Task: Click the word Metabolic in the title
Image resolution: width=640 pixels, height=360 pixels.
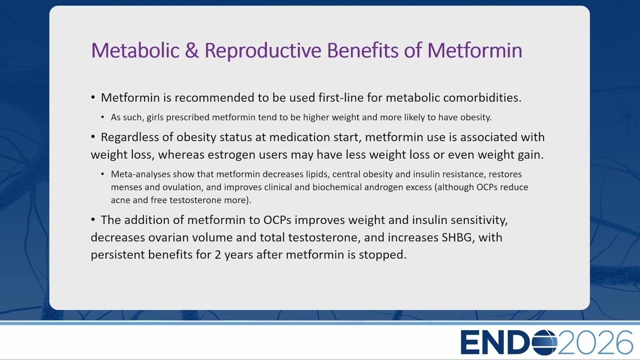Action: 135,50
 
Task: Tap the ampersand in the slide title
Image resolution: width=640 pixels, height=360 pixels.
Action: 191,50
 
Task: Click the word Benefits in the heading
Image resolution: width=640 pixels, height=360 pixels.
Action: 362,50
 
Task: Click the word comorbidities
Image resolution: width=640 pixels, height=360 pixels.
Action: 482,97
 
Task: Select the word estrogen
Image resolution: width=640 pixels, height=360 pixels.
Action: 231,155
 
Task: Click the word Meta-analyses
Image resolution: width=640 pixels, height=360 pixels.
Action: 140,174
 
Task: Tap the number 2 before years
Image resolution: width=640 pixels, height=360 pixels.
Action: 218,255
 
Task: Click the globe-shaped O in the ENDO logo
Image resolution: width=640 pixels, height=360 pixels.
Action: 544,342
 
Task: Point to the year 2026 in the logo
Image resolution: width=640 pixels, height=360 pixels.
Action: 595,342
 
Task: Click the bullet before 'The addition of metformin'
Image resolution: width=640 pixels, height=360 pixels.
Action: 93,219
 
